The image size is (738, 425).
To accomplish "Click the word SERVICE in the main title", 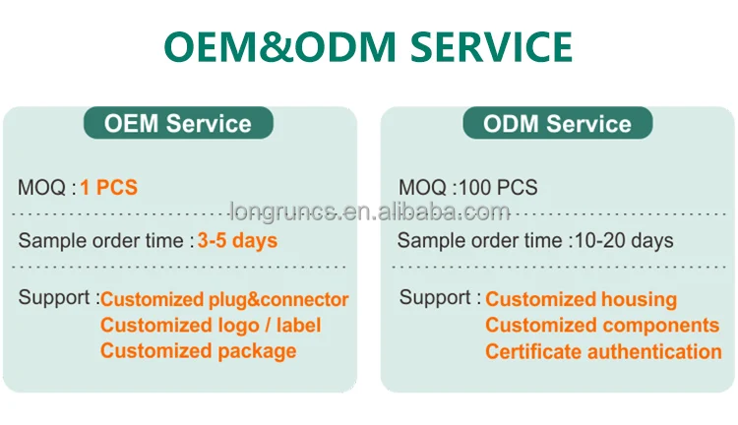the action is click(491, 46).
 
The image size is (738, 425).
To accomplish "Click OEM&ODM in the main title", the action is click(280, 46).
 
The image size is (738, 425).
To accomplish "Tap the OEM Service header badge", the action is click(178, 123).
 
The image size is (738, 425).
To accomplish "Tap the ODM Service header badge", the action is click(558, 123).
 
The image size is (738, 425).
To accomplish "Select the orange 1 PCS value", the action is click(108, 187).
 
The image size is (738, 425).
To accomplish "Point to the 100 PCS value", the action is click(498, 187).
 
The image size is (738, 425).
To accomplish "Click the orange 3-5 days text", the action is click(238, 240).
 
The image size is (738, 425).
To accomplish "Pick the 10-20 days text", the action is click(624, 240).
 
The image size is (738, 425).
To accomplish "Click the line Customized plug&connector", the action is click(224, 299).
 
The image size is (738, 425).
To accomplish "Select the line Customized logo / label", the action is click(211, 326).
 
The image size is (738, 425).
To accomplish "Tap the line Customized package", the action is click(198, 351).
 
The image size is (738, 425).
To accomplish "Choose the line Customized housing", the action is click(582, 299).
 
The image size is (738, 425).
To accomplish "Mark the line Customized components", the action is click(602, 326).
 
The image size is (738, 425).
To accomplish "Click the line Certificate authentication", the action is click(603, 351).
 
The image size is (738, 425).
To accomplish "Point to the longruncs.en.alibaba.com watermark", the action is click(370, 212).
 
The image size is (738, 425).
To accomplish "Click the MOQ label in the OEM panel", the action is click(41, 187).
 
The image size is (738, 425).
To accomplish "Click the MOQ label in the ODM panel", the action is click(422, 187).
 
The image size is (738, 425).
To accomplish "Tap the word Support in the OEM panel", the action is click(54, 298).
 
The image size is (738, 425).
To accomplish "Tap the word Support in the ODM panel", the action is click(435, 298).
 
